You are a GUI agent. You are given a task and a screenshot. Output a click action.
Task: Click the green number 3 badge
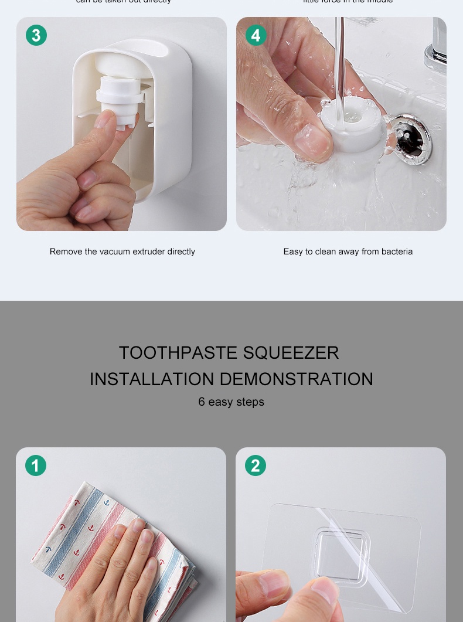(x=36, y=36)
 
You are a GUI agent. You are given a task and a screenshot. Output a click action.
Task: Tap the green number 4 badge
(x=256, y=36)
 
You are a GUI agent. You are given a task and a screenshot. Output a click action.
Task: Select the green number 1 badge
(x=36, y=466)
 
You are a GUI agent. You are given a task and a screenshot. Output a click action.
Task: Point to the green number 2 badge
(x=256, y=466)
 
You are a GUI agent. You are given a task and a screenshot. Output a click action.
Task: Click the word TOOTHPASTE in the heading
(x=178, y=353)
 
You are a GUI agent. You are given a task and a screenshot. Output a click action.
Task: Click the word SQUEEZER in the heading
(x=291, y=353)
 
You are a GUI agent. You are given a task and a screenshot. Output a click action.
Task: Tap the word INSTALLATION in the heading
(x=152, y=379)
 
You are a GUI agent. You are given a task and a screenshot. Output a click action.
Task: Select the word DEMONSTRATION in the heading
(x=297, y=379)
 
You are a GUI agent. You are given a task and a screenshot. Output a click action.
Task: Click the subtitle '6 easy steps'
(x=231, y=402)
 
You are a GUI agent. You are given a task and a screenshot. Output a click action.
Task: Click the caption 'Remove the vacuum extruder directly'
(x=122, y=251)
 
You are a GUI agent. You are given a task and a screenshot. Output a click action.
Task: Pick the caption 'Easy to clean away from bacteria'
(x=348, y=251)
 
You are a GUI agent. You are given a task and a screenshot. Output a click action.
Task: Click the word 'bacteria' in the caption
(x=397, y=251)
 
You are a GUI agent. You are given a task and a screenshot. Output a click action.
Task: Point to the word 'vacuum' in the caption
(x=114, y=251)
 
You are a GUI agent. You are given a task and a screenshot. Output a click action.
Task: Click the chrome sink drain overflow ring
(x=411, y=140)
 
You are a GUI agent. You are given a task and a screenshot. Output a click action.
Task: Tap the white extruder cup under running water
(x=352, y=123)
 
